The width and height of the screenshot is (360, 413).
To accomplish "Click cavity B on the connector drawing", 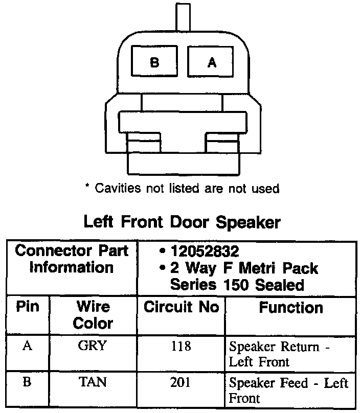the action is click(x=154, y=63).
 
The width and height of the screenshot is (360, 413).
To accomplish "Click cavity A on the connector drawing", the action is click(x=212, y=63).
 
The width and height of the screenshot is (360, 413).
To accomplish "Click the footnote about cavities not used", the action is click(x=182, y=189).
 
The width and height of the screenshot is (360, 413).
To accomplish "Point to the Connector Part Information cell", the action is click(x=72, y=259).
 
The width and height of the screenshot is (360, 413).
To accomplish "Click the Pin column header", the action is click(x=28, y=307).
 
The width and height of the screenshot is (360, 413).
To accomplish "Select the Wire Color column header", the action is click(x=93, y=315).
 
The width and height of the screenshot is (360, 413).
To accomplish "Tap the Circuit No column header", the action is click(x=181, y=307).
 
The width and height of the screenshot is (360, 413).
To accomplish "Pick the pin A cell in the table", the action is click(x=28, y=346).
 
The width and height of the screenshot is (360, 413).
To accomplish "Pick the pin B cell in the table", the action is click(x=28, y=382).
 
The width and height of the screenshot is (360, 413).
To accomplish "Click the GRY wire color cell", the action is click(x=93, y=346).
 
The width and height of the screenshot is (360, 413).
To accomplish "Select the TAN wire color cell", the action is click(x=93, y=382).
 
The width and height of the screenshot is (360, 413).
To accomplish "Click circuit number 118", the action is click(x=181, y=347).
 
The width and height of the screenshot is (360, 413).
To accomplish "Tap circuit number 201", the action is click(x=181, y=383).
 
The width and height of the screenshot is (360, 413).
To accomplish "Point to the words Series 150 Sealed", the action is click(x=237, y=284).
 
